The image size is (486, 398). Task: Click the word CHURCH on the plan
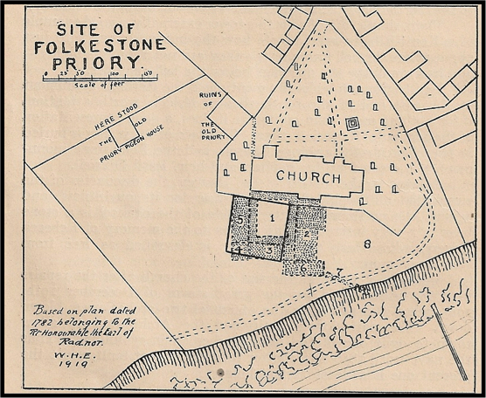point(309,178)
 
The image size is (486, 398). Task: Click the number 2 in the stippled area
point(308,234)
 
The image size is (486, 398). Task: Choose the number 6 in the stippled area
point(303,267)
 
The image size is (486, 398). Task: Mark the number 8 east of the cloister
point(368,242)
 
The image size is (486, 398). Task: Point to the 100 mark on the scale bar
point(115,74)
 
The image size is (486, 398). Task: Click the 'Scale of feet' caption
point(101,86)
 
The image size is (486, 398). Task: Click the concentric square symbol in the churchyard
point(352,124)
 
